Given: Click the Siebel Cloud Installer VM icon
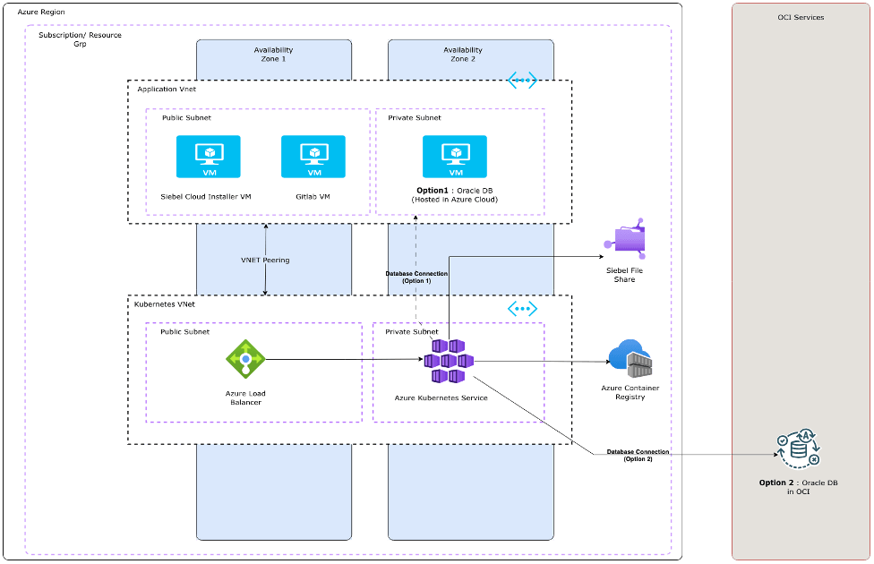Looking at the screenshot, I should point(208,157).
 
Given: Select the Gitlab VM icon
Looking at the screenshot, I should point(313,157).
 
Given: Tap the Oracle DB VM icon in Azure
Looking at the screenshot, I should point(455,157).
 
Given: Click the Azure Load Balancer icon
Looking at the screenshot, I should point(245,360).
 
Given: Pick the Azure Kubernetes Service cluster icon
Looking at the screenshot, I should point(448,360).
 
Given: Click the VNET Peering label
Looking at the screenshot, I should point(265,261).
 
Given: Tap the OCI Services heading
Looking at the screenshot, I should point(801,17).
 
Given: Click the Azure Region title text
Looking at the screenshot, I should point(41,11).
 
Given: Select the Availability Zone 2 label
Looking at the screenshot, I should point(462,55).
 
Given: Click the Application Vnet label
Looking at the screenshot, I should point(167,90).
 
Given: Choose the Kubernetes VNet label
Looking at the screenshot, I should point(165,304).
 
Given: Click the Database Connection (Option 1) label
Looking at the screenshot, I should point(416,277).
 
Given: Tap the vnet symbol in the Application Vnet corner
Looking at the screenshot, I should point(522,81).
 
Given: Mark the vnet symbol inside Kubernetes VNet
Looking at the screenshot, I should point(522,309).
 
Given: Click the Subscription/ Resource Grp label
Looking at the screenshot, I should point(80,38).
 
